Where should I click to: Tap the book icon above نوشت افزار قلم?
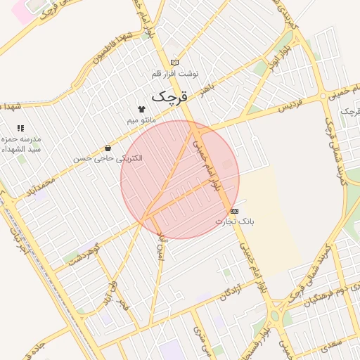[174, 63]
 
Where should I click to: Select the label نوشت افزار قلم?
[175, 73]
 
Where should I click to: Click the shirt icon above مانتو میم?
[142, 110]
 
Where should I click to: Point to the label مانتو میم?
[141, 120]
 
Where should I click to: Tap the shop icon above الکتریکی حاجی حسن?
[108, 148]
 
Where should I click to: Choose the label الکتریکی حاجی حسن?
[108, 159]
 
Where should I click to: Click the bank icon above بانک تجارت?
[234, 211]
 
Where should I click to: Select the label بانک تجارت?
[234, 221]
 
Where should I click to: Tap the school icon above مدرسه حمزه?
[20, 128]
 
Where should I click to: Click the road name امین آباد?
[162, 244]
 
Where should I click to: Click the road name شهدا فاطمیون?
[113, 50]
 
